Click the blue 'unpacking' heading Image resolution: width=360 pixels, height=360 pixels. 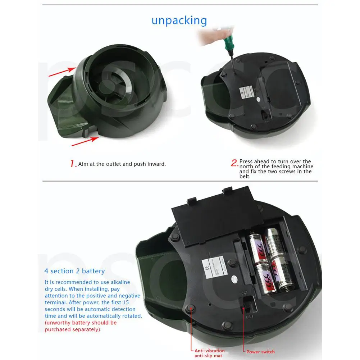(x=179, y=20)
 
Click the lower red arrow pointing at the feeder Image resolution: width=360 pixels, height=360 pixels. (x=85, y=141)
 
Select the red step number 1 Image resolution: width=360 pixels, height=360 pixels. (x=73, y=164)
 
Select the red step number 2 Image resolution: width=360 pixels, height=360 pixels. (x=234, y=163)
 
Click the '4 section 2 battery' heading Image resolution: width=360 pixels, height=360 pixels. (x=74, y=271)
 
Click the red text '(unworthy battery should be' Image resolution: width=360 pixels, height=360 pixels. (x=81, y=323)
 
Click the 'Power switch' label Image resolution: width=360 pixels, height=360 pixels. (x=260, y=351)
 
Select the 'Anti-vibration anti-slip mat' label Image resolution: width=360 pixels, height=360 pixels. (x=210, y=353)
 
